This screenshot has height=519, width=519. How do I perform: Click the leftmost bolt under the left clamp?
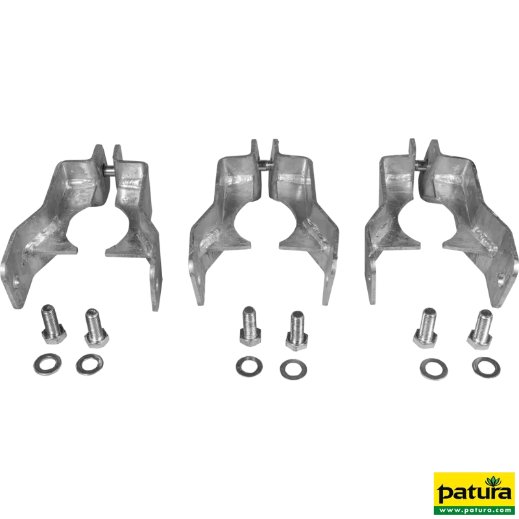(x=53, y=324)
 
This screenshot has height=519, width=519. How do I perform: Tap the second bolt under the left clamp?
(x=96, y=328)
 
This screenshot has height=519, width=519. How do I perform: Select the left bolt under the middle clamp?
(x=251, y=326)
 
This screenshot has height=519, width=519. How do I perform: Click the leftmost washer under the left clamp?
(x=47, y=365)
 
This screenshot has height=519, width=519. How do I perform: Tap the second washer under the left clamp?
(x=90, y=365)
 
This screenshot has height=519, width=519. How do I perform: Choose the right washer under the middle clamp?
(x=293, y=369)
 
